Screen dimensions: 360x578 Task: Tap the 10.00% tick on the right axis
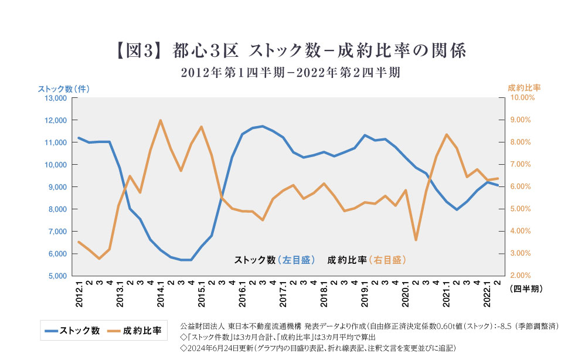522,98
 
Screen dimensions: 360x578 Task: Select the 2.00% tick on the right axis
521,276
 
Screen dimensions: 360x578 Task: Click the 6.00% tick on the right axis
521,187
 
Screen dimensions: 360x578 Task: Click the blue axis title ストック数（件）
63,89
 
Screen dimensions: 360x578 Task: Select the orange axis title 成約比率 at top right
523,87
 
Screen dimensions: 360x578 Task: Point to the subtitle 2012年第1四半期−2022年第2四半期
290,73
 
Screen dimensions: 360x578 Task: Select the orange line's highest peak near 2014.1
161,120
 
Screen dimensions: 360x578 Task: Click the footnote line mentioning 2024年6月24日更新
318,347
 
